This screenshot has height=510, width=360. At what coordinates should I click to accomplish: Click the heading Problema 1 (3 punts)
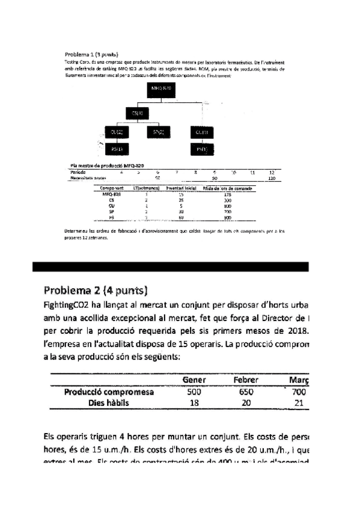pos(91,54)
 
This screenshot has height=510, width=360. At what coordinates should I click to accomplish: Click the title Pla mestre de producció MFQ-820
pos(106,165)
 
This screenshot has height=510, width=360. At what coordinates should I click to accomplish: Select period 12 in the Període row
pos(271,172)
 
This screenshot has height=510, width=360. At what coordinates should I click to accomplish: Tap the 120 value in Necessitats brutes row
pos(272,178)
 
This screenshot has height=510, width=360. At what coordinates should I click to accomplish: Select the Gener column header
pos(194,380)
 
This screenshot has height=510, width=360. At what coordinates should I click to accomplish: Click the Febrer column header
pos(246,380)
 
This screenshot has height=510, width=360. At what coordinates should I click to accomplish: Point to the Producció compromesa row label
pos(108,392)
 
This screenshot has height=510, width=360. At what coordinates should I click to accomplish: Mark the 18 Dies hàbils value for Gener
pos(194,403)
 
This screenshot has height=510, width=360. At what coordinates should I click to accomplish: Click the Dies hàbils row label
pos(108,403)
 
